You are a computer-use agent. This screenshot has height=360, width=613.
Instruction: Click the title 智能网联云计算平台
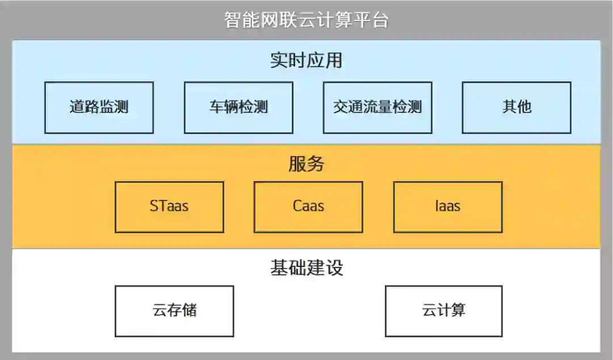click(x=306, y=20)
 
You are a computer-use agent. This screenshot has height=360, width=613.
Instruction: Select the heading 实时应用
click(x=306, y=60)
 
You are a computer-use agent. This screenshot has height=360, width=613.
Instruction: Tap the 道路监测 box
click(x=99, y=107)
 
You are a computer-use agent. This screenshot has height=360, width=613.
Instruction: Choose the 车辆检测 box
click(x=238, y=107)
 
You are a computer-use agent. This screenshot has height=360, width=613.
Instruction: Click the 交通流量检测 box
click(x=377, y=107)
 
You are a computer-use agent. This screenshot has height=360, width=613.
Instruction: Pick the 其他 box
click(x=517, y=107)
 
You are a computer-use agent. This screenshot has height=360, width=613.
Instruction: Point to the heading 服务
click(x=306, y=164)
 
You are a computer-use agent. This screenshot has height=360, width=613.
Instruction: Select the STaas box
click(x=169, y=207)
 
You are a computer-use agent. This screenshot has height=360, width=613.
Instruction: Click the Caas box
click(x=308, y=207)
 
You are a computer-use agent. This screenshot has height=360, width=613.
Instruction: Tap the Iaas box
click(x=448, y=207)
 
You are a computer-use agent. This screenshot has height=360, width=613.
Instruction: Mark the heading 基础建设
click(x=306, y=267)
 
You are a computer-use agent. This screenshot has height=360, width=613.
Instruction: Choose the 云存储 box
click(x=174, y=311)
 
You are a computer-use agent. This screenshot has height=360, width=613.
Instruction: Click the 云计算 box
click(x=444, y=311)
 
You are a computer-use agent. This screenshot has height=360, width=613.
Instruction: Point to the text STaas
click(x=169, y=206)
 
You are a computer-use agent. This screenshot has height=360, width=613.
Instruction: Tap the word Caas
click(x=308, y=206)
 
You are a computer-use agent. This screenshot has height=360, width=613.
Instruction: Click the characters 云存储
click(x=174, y=311)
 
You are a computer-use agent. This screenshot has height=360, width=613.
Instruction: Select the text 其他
click(x=517, y=107)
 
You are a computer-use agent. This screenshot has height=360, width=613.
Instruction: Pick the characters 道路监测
click(x=99, y=107)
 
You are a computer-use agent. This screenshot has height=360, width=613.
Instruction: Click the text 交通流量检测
click(x=377, y=107)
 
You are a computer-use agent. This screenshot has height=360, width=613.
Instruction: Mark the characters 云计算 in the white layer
click(x=444, y=311)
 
